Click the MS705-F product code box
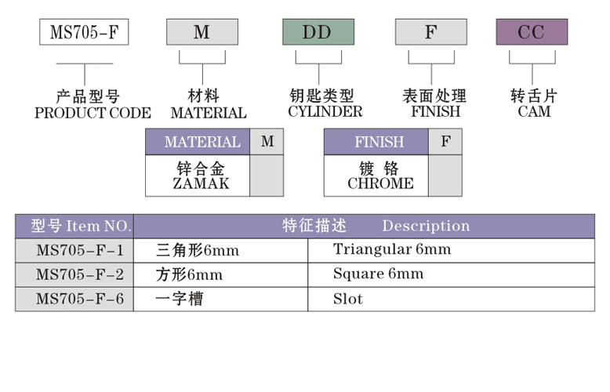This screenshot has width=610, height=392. click(84, 32)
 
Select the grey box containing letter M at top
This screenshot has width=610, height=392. click(202, 32)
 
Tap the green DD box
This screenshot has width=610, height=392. click(318, 32)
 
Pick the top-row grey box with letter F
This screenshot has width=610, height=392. click(430, 32)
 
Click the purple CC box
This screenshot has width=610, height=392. click(532, 32)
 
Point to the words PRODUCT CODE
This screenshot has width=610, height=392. click(93, 113)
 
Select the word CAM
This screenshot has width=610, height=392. click(534, 111)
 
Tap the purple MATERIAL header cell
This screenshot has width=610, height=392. click(202, 142)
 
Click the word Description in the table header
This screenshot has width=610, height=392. click(426, 226)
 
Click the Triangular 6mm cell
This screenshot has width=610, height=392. click(392, 250)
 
